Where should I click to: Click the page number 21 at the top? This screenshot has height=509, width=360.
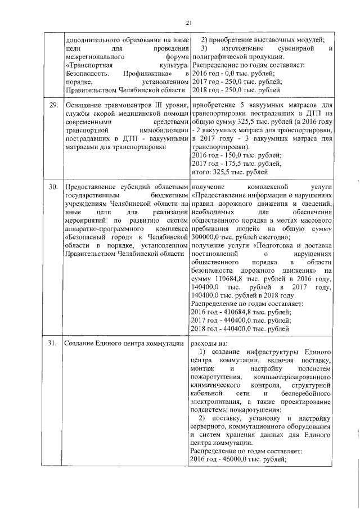point(188,22)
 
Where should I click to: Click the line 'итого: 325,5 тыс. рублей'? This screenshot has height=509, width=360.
point(229,172)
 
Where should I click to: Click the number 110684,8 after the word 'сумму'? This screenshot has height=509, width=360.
point(225,278)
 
